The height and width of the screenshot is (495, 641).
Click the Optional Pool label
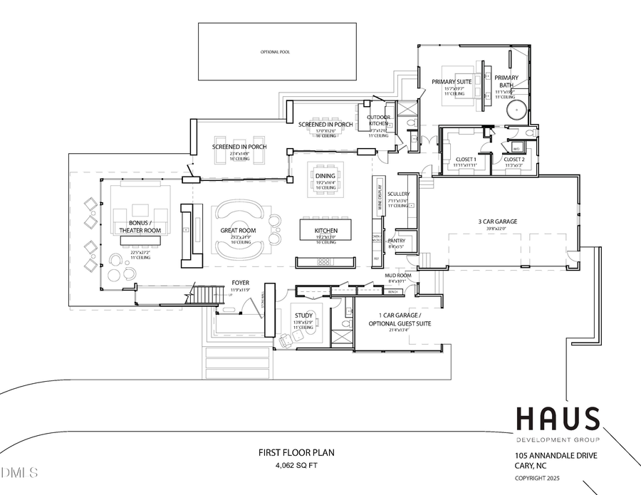pos(276,52)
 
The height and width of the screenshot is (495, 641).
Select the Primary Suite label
pos(452,82)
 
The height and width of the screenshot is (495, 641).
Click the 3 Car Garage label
pos(497,222)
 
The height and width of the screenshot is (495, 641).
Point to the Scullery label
pos(398,194)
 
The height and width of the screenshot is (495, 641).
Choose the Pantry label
pos(396,241)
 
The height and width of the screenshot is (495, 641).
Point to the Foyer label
pos(240,283)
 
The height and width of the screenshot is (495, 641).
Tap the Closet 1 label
pos(464,160)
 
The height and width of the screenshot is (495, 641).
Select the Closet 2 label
pos(514,160)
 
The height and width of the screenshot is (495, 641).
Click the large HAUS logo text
pos(557,418)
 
